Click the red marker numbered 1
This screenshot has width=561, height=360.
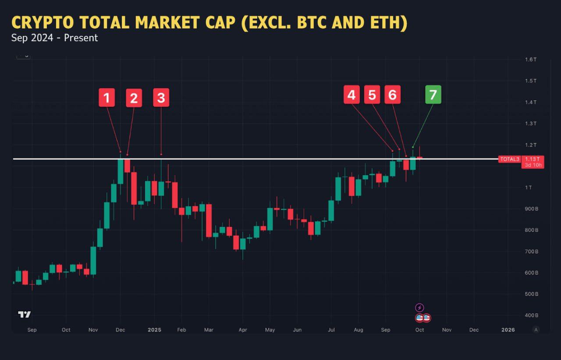[107, 98]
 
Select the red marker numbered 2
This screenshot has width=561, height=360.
[134, 98]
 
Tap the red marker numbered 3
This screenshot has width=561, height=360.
[161, 98]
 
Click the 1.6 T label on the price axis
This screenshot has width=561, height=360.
[531, 60]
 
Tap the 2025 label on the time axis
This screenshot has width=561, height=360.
[154, 330]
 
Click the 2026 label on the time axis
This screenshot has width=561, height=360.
[508, 330]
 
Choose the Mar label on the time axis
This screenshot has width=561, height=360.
[209, 330]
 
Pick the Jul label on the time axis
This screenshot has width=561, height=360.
[331, 330]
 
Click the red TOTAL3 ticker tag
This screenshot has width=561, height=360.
[509, 159]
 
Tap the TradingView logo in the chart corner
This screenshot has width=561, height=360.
[24, 314]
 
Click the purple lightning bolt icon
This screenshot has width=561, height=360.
[419, 307]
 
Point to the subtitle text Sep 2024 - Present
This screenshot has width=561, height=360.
[55, 38]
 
